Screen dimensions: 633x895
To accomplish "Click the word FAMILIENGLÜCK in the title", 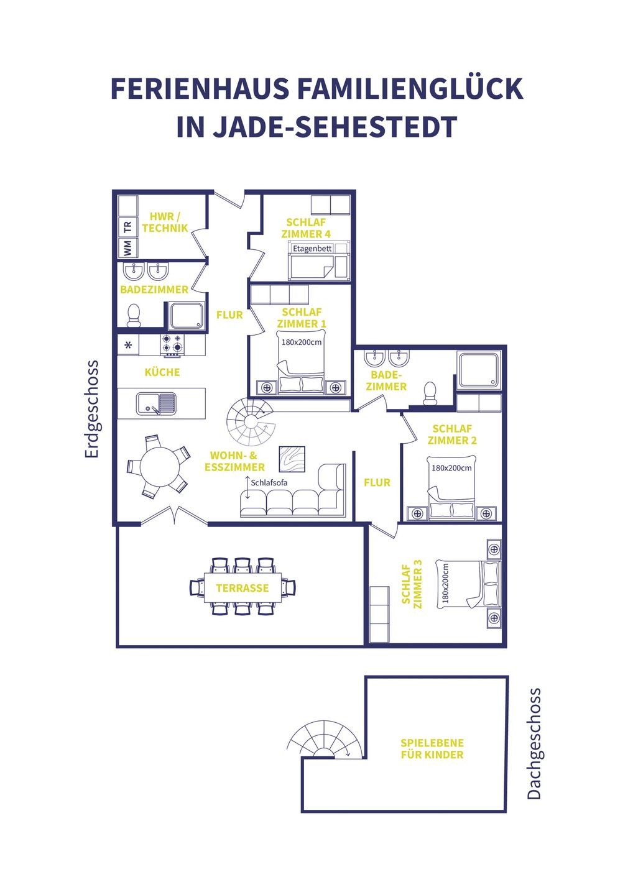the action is coord(410,89).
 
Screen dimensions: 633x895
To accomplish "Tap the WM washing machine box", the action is coord(128,247).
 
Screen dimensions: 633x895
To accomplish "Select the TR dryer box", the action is coord(128,227).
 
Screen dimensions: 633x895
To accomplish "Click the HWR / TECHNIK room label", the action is coord(165,222).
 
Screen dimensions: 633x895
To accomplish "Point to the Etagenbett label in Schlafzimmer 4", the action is coord(312,248).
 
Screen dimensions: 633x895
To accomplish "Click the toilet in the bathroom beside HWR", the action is coord(133,315).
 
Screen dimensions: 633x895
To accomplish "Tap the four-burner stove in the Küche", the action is coord(173,346).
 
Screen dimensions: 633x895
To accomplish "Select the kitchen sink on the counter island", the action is coord(156,403).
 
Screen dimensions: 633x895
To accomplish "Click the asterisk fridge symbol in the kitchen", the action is coord(128,345).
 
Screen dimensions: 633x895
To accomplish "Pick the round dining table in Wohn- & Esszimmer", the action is coord(160,467).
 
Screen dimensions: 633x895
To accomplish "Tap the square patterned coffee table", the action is coord(292,459).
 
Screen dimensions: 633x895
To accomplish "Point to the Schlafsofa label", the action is coord(269,482).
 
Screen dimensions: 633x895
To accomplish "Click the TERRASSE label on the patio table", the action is coord(242,588).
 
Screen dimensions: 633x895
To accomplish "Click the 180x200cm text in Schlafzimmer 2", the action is coord(451,467).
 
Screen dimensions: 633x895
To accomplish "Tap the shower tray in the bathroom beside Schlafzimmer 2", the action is coord(479,370).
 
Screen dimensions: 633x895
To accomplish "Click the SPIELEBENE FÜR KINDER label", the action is coord(432,749).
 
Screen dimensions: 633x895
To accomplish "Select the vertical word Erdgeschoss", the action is coord(91,409).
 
